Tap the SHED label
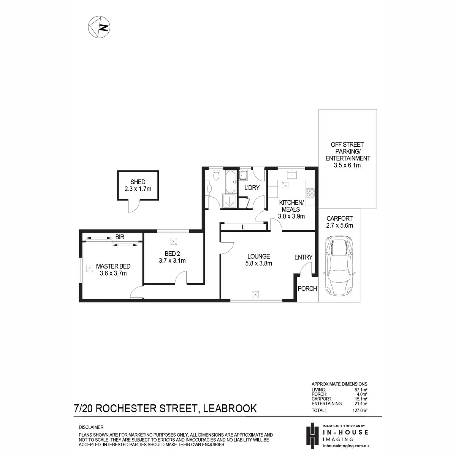138,182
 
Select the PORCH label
307,288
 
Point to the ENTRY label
303,257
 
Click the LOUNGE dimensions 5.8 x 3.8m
258,263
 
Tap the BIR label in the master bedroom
120,237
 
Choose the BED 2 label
172,253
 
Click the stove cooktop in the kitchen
310,193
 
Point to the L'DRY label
252,187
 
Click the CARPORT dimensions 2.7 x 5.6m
339,225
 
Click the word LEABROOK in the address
230,408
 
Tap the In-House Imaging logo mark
312,435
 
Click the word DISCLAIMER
91,427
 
